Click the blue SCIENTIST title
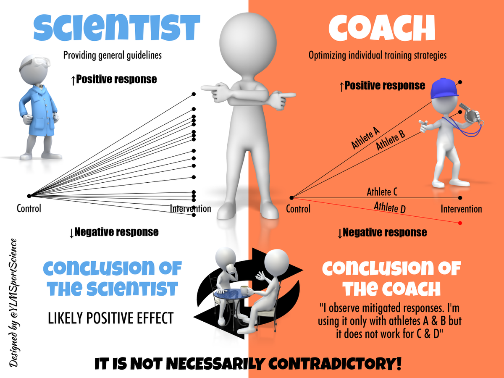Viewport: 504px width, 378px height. [x=117, y=28]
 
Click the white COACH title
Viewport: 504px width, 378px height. [x=382, y=28]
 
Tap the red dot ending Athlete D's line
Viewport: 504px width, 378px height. [x=460, y=223]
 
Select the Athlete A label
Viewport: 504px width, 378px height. [x=365, y=138]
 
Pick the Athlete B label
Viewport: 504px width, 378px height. [x=390, y=140]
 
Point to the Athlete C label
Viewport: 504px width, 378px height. [x=382, y=192]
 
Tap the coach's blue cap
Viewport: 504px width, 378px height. [x=444, y=88]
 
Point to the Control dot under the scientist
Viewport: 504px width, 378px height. [x=29, y=196]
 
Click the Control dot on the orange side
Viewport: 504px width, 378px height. [x=291, y=197]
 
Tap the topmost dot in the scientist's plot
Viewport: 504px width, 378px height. [x=194, y=94]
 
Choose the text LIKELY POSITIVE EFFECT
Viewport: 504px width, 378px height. [x=110, y=318]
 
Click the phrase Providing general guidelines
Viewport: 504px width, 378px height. [x=113, y=55]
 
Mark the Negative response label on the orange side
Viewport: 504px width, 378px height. [x=382, y=233]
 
